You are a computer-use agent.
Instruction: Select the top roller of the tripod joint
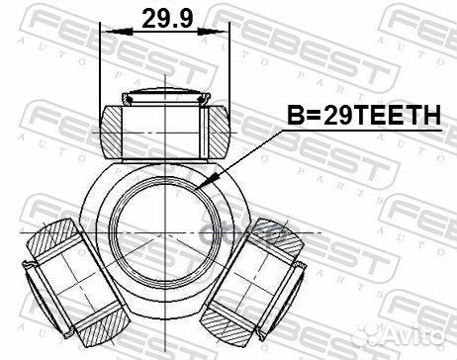tap(165, 123)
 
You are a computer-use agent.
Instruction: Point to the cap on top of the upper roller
tap(165, 97)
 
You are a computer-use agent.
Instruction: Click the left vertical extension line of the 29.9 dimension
tap(104, 69)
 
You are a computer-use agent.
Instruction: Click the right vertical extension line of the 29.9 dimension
tap(228, 69)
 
